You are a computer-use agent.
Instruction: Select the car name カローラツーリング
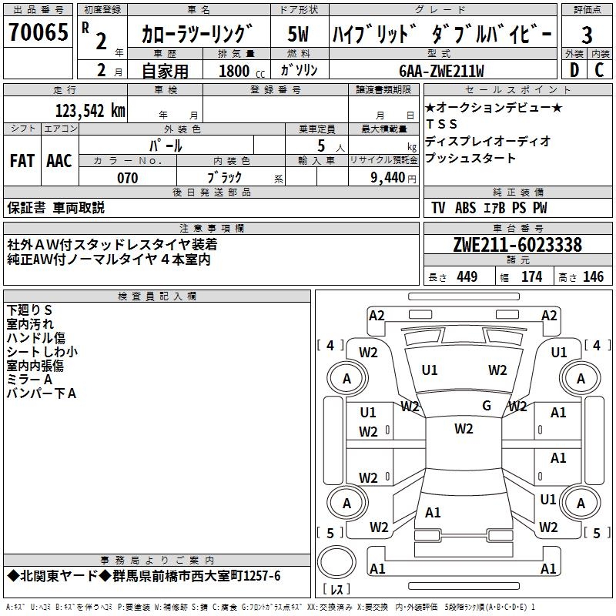197,34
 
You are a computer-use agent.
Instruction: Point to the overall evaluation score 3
587,35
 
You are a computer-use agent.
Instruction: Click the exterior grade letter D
573,69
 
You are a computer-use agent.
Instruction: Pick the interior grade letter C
599,69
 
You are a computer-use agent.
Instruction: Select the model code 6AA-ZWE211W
441,71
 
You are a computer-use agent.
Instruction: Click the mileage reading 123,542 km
90,110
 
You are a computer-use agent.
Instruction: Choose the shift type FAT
22,161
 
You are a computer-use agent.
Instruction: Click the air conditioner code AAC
59,161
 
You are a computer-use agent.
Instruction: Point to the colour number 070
127,178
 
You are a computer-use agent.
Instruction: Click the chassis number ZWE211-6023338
517,245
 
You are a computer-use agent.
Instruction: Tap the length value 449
467,277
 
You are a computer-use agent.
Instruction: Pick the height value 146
593,277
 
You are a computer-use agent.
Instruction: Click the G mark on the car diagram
487,405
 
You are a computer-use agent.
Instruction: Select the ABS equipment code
466,208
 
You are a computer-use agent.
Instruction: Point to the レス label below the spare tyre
336,591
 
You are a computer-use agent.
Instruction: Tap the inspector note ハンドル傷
35,338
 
